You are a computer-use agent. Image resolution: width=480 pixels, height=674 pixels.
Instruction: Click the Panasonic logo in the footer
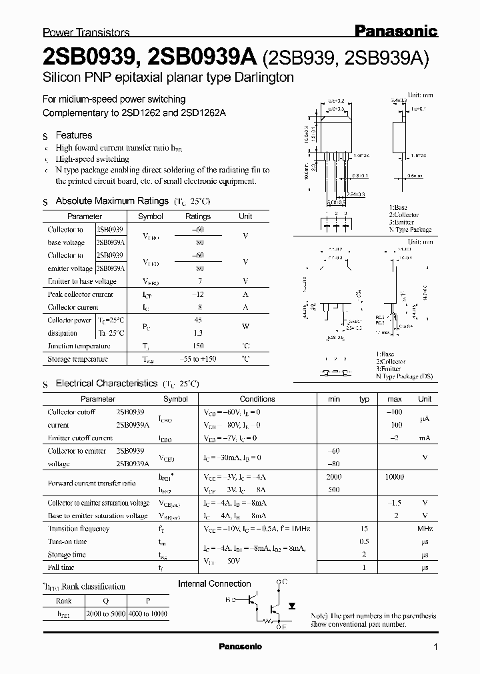(240, 647)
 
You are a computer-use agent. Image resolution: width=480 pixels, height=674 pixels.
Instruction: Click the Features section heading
(74, 135)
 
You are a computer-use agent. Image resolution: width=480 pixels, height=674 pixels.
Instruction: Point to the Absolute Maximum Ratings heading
(112, 200)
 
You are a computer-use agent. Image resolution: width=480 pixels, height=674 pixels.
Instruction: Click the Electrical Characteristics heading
(107, 384)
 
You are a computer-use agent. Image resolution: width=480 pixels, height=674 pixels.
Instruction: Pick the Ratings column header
(198, 216)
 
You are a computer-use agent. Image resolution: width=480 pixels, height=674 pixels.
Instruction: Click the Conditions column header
(257, 399)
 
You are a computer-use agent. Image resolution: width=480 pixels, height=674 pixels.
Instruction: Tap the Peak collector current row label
(81, 294)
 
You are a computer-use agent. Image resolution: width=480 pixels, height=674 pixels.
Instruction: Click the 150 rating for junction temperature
(198, 346)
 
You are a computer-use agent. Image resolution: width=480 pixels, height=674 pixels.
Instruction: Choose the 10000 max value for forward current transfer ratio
(395, 477)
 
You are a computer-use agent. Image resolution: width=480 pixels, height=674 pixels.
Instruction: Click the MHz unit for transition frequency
(425, 529)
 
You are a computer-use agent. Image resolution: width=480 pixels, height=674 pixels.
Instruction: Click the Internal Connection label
(214, 584)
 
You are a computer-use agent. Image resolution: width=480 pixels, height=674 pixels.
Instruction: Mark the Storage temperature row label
(78, 359)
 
